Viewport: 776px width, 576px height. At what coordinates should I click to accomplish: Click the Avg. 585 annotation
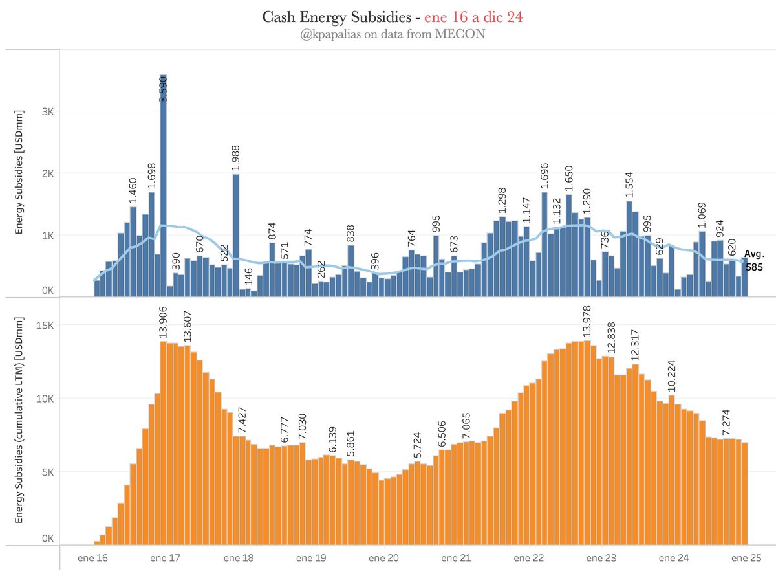click(x=753, y=259)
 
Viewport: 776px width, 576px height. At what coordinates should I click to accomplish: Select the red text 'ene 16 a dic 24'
click(x=473, y=17)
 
